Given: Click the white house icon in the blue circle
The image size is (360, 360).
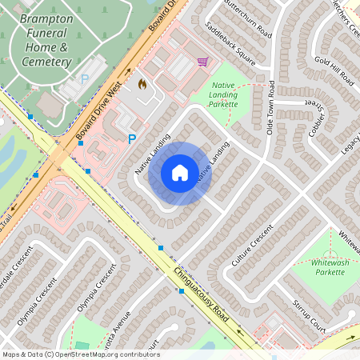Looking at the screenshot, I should (x=180, y=173).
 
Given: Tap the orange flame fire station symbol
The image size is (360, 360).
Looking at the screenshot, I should (x=143, y=83).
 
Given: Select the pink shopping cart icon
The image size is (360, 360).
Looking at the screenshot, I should (x=202, y=61).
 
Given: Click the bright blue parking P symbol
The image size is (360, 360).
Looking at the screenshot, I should (x=132, y=139).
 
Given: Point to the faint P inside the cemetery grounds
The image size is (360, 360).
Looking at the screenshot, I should (x=86, y=79).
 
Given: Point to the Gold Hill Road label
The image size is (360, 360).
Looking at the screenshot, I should (x=334, y=70).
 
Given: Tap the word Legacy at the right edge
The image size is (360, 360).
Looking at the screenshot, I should (x=350, y=144).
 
